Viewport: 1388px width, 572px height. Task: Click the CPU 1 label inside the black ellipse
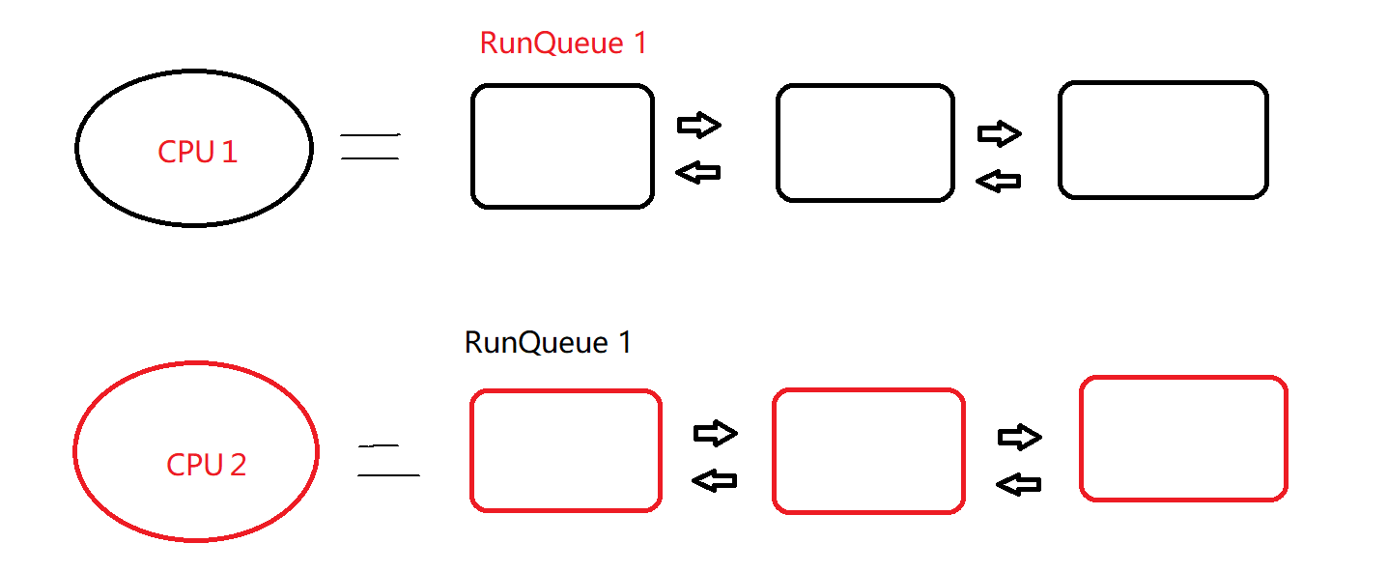(197, 152)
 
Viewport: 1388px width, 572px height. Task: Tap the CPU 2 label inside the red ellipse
(206, 465)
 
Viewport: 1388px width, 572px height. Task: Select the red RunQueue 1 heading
(562, 43)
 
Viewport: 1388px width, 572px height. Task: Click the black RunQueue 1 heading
(548, 343)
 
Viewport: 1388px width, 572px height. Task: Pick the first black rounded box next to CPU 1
(562, 146)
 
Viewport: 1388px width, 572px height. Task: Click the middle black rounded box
(864, 143)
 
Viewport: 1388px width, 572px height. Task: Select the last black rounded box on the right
(1162, 140)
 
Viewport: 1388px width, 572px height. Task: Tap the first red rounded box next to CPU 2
(565, 450)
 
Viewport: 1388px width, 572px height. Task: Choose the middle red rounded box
(868, 450)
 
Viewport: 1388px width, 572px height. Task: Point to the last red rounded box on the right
(1183, 439)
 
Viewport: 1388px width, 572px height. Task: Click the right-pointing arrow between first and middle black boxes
(699, 125)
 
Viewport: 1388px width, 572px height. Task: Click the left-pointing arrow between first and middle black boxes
(698, 173)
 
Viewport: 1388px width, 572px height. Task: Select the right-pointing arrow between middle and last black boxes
(1000, 133)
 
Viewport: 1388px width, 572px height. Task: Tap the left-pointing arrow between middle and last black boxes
(999, 181)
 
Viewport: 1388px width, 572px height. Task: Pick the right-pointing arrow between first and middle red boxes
(716, 434)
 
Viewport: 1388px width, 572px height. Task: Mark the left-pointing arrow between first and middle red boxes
(715, 480)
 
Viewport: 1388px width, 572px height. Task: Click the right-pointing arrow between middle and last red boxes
(1020, 438)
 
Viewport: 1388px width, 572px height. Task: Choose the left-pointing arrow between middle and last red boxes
(1019, 484)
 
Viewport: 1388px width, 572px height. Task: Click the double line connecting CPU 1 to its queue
(370, 147)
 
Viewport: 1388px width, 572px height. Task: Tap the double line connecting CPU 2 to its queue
(387, 461)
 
